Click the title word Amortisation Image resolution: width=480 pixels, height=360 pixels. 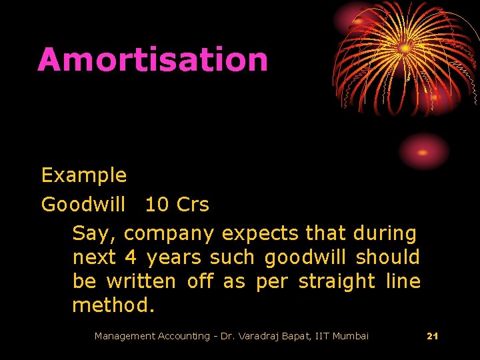tap(153, 59)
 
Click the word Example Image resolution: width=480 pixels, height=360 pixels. tap(84, 175)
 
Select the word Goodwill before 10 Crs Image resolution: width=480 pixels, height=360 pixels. tap(83, 205)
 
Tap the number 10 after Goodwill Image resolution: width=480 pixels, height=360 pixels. tap(157, 205)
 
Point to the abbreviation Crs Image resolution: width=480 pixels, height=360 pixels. tap(193, 205)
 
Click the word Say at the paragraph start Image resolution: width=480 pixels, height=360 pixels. tap(95, 234)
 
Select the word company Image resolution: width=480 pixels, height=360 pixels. tap(169, 235)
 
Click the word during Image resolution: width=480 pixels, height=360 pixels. tap(385, 234)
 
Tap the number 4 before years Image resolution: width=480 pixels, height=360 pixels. tap(131, 257)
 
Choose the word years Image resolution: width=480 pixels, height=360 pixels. tap(174, 258)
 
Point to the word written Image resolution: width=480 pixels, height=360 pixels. tap(141, 281)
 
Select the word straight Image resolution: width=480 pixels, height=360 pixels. tap(337, 282)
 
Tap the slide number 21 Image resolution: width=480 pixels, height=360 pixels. tap(432, 336)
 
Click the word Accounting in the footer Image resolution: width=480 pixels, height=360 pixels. tap(182, 336)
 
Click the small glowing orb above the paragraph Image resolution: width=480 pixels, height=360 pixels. tap(424, 151)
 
